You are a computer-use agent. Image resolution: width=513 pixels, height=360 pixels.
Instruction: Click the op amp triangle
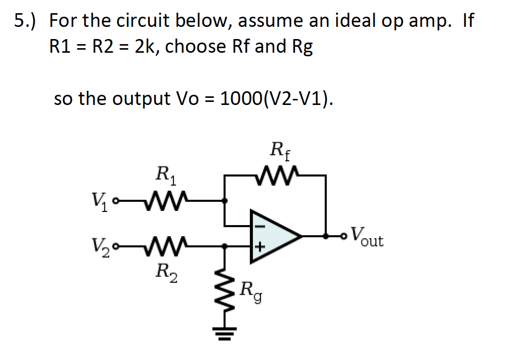click(x=274, y=236)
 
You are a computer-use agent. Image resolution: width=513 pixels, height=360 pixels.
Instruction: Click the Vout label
click(x=368, y=236)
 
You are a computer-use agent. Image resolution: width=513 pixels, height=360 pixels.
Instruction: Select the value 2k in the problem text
click(x=142, y=47)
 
